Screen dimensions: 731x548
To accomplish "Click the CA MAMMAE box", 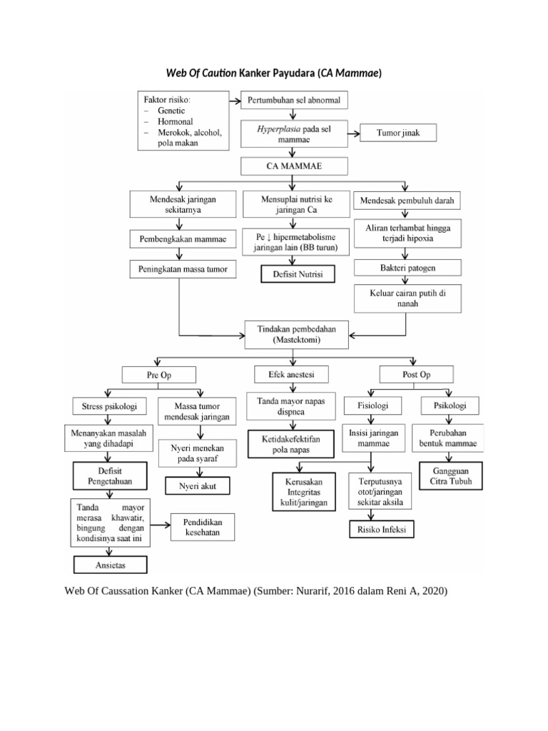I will [x=295, y=166].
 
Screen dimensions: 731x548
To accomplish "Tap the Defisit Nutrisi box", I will [x=295, y=274].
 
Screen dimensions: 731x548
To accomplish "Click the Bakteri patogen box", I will [x=407, y=268].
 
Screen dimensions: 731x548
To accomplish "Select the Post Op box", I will [x=417, y=374].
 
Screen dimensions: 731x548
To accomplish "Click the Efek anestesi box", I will [x=290, y=374].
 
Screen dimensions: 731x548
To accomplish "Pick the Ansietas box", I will [x=110, y=565].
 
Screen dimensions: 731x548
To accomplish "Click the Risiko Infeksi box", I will [x=381, y=530].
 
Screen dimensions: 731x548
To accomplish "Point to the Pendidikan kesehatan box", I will [x=201, y=528].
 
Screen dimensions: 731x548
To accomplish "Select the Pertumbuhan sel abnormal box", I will [x=295, y=99].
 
